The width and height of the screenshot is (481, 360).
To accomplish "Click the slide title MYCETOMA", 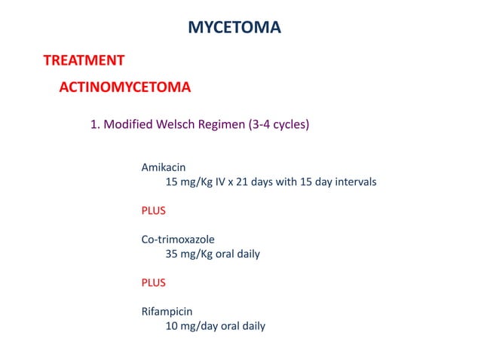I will coord(234,29).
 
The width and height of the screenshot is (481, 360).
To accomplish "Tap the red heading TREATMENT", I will coord(84,60).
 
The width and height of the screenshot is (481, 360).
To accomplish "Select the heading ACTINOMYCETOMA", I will coord(124,87).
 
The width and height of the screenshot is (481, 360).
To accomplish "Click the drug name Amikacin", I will coord(164,167).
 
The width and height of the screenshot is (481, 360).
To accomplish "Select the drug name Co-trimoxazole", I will coord(178,239).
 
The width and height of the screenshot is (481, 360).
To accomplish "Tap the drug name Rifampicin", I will coord(167,312).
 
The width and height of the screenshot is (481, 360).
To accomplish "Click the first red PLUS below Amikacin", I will coord(154,210).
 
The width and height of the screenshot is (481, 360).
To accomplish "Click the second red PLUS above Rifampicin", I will coord(154,282).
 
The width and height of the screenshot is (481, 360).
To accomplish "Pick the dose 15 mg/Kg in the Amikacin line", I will coord(190,182).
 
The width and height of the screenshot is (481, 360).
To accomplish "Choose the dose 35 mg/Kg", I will coord(190,254).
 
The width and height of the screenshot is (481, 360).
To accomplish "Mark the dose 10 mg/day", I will coord(190,326).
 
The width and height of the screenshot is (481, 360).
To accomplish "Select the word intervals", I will coord(354,182).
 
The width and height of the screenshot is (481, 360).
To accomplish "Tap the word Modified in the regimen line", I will coord(127,125).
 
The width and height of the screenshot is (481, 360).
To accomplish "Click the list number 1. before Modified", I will coord(95,125).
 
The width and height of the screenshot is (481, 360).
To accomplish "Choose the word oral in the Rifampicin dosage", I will coord(228,326).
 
